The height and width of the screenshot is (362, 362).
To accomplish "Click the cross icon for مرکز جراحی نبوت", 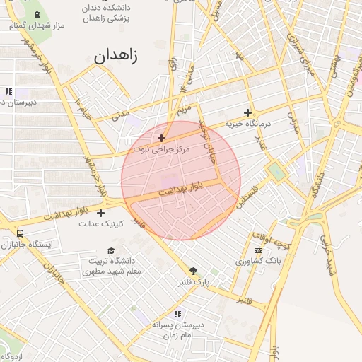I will point(162,138).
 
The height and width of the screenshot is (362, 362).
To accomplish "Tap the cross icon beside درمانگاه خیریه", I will point(247,112).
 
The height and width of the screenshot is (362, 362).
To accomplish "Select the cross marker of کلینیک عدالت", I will point(101,213).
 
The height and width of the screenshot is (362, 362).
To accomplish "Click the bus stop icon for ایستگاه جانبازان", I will point(19,233).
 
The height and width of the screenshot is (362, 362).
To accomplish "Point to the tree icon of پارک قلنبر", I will point(192,271).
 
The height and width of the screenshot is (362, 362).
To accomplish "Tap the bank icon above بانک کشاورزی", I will point(258,250).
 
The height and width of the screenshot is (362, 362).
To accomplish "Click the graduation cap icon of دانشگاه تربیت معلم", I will point(110,250).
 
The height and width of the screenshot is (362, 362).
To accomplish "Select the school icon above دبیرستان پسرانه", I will point(177,313).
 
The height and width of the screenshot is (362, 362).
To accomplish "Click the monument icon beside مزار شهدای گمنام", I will point(37,14).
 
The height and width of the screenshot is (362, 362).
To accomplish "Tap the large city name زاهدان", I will point(117,54).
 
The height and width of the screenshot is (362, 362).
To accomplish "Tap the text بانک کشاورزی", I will point(259,262).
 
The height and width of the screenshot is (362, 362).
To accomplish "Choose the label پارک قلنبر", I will point(193,281).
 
